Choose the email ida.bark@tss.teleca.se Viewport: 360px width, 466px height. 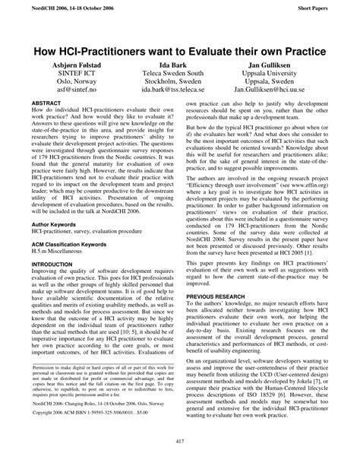pos(180,88)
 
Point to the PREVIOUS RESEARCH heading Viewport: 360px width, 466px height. pos(223,295)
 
